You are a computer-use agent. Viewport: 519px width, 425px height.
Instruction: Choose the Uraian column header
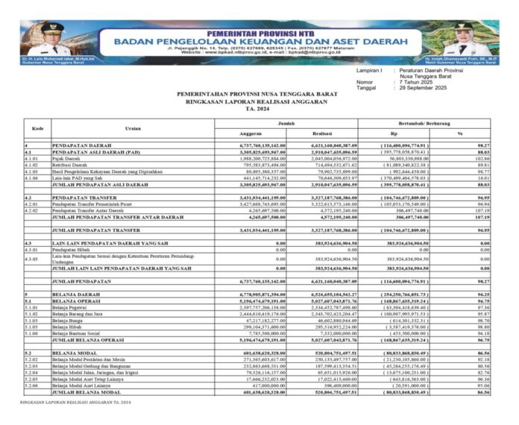[133, 127]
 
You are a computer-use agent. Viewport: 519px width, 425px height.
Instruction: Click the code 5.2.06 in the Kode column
[31, 385]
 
